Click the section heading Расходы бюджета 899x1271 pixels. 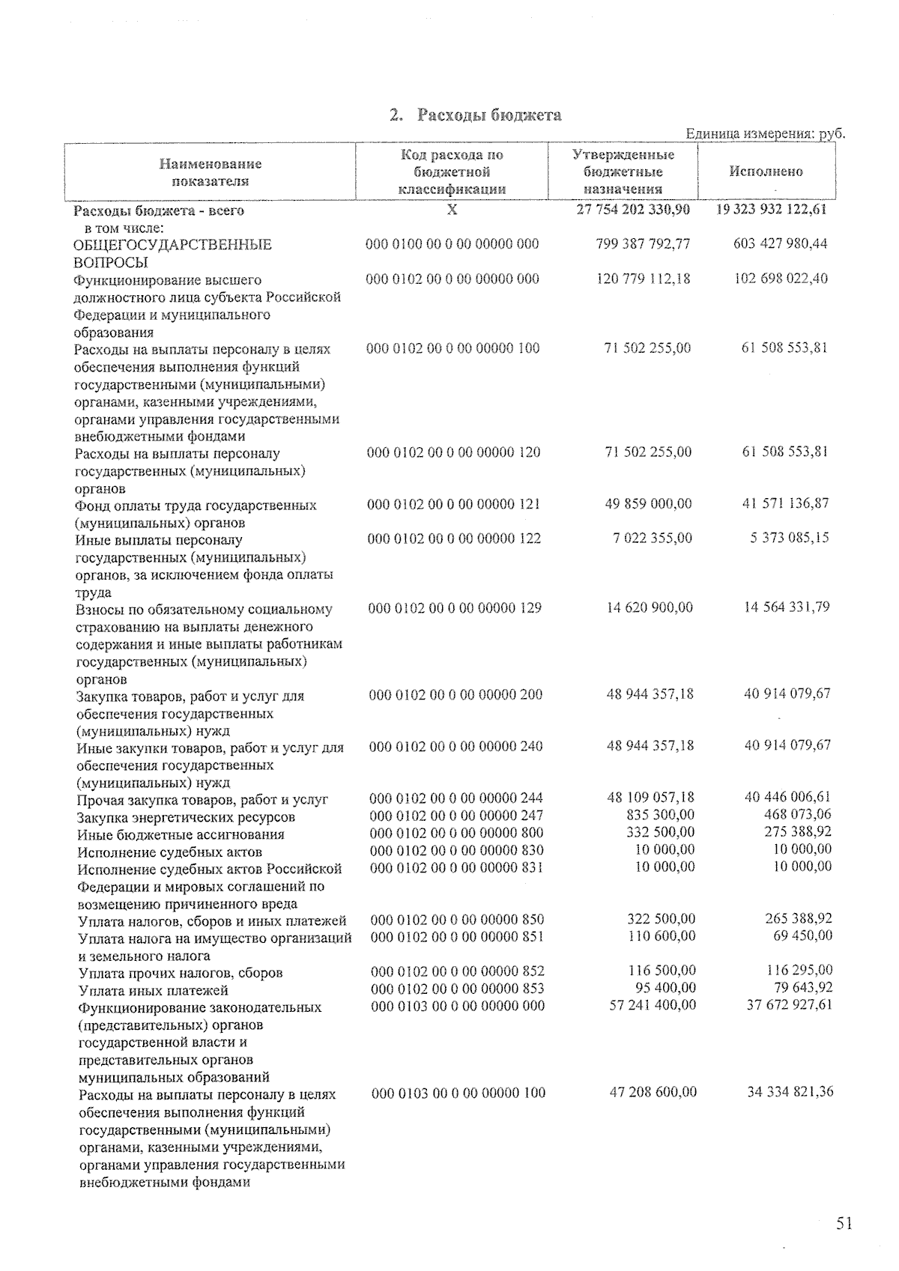pos(475,115)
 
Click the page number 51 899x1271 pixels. pos(844,1225)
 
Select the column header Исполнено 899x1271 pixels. pos(766,172)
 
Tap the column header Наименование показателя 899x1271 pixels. pos(211,172)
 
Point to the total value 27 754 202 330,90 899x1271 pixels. pos(633,210)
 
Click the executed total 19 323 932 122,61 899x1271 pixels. pos(772,210)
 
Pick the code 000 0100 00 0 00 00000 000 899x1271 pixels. pos(452,244)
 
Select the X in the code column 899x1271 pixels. pos(452,210)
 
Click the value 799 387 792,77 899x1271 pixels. pos(644,244)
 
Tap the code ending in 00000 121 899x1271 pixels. pos(454,504)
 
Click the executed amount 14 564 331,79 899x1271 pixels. pos(786,607)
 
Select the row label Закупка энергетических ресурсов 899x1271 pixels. pos(187,817)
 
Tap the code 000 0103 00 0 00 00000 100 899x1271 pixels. pos(458,1093)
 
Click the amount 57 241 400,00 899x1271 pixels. pos(653,1005)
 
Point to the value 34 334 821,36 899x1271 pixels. pos(790,1092)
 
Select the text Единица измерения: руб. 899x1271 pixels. pos(765,134)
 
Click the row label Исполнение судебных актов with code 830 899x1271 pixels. pos(170,852)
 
